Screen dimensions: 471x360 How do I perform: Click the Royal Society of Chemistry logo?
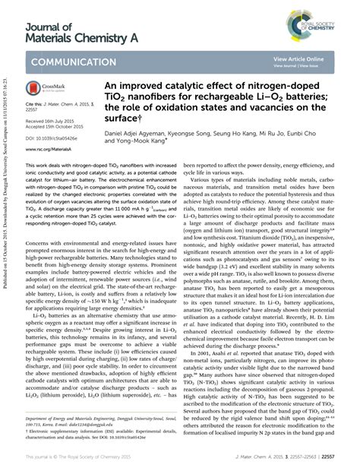point(332,14)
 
